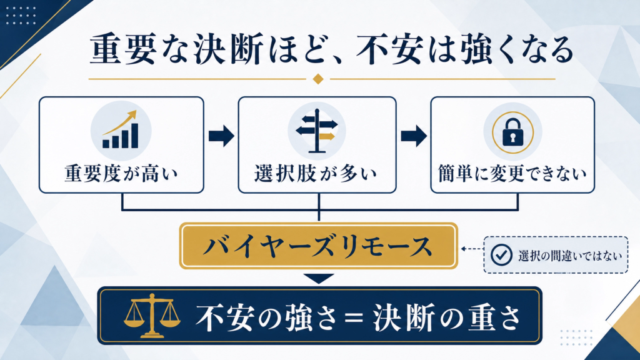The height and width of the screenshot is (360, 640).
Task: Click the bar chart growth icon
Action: tap(121, 130)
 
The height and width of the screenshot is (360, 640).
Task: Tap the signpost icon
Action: tap(317, 131)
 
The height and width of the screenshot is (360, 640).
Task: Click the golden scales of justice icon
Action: tap(152, 316)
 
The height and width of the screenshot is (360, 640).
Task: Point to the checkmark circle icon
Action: tap(501, 255)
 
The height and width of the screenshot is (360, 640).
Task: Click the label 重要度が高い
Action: tap(121, 174)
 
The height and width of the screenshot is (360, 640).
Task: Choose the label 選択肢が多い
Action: tap(316, 174)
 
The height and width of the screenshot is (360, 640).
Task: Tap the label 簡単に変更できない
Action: tap(512, 174)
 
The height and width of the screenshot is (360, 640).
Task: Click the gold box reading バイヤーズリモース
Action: tap(318, 246)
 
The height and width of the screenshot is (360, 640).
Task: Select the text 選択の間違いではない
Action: tap(570, 256)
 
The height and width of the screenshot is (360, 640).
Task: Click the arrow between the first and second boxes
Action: tap(221, 136)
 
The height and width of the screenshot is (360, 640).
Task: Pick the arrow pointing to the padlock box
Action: tap(414, 136)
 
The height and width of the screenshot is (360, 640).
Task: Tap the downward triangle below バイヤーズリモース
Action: tap(319, 278)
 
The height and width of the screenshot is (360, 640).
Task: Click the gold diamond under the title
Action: tap(318, 79)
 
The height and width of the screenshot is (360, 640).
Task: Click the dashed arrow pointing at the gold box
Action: tap(472, 249)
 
